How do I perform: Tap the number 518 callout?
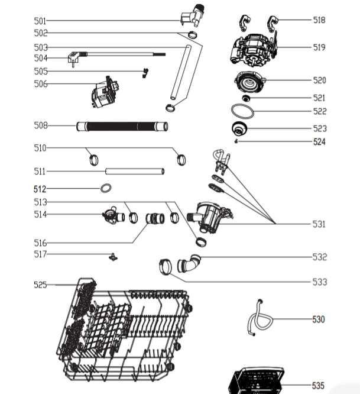319,20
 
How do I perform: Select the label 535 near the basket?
319,386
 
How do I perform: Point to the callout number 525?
40,285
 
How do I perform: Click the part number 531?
319,224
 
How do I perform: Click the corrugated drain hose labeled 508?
122,125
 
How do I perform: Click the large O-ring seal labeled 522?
242,111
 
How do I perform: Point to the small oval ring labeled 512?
106,188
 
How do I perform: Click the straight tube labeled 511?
134,172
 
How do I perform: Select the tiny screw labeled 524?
236,141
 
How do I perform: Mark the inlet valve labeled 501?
194,15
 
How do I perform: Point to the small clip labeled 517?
111,256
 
